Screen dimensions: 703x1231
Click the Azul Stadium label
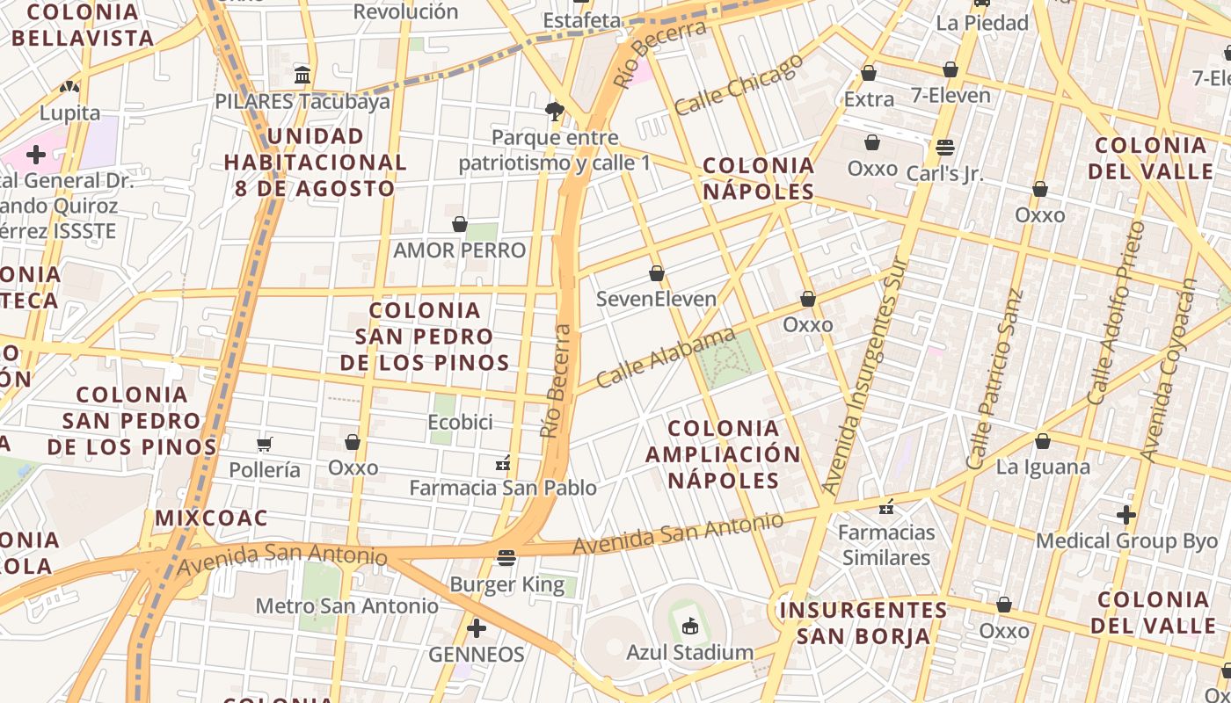(689, 652)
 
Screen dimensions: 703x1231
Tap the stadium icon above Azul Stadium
(689, 627)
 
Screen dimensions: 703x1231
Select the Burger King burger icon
(506, 558)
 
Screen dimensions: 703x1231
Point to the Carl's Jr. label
(945, 173)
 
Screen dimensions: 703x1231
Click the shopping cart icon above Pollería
(265, 444)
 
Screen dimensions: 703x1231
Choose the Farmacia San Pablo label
(503, 487)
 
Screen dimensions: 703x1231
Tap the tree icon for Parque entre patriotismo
(554, 112)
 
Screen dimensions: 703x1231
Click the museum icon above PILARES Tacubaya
(302, 76)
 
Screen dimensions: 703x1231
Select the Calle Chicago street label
(739, 84)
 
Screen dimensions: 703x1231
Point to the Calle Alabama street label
(666, 358)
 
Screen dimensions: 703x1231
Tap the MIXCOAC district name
(211, 518)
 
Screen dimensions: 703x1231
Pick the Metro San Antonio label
(346, 605)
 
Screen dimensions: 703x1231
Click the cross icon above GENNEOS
(477, 628)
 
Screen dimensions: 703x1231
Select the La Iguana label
(1043, 467)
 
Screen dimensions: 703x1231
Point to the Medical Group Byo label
(1126, 540)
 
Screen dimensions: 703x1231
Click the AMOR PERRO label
(459, 250)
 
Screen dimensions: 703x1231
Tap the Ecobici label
(459, 422)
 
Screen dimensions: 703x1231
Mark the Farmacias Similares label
(886, 545)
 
